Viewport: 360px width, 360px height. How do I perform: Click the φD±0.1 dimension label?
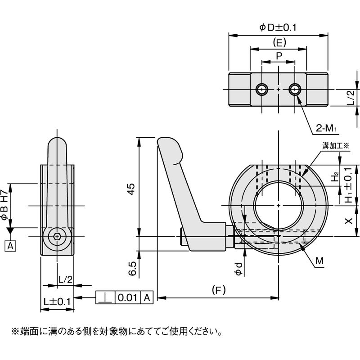point(278,27)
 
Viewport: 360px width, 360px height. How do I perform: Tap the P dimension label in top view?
point(279,55)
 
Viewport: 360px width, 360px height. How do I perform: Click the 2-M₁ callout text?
point(327,129)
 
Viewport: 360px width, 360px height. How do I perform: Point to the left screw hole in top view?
point(262,89)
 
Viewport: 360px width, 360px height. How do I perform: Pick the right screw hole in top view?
point(295,89)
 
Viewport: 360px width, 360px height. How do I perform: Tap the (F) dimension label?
point(218,290)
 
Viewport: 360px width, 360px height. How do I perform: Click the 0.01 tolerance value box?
point(128,297)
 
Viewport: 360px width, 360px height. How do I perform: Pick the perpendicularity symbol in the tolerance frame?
point(105,297)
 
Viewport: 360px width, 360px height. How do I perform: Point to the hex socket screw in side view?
point(57,236)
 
